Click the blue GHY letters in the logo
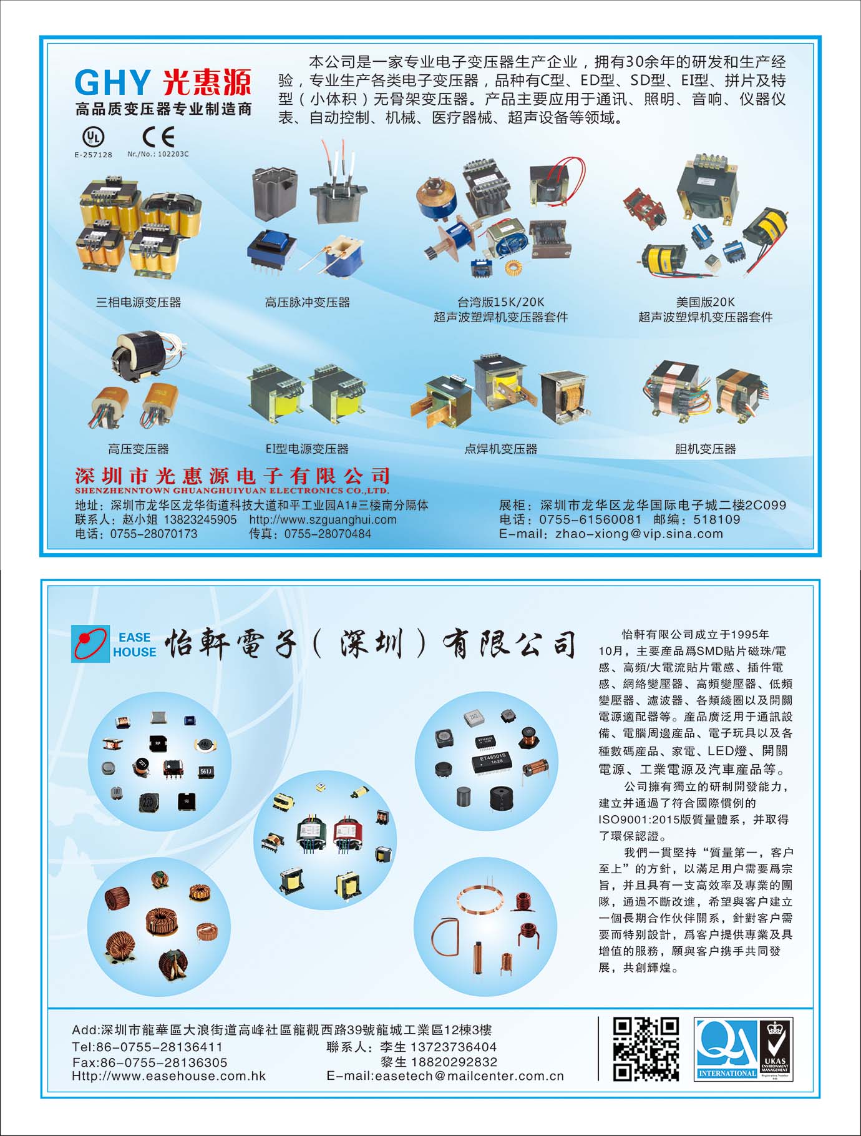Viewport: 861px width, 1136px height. (112, 82)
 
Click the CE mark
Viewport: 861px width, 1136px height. (158, 136)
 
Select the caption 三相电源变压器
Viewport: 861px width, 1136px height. (138, 303)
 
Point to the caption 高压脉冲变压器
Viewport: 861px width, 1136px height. (307, 303)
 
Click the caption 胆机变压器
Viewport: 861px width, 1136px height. (705, 449)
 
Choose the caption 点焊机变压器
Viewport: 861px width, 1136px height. (500, 449)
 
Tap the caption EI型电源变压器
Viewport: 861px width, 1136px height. (307, 449)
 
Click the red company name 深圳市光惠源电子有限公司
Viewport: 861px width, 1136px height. (232, 476)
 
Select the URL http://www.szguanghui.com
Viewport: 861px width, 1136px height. (323, 519)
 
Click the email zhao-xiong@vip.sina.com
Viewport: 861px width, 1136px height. (639, 534)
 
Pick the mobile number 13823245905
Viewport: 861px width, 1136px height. (200, 519)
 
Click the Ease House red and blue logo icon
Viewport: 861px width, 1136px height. (90, 644)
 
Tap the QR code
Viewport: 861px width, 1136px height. (646, 1049)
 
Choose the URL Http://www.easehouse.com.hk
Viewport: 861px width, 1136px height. (169, 1076)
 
